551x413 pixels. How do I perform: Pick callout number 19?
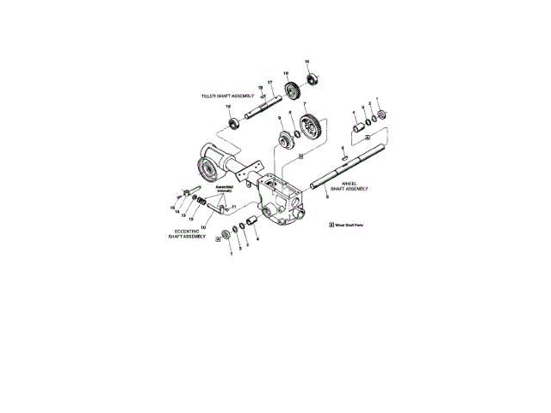286,73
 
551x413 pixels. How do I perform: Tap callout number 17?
269,82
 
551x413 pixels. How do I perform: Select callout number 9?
279,116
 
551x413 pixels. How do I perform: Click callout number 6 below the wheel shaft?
327,197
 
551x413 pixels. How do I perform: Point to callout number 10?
203,227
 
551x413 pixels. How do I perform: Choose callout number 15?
172,207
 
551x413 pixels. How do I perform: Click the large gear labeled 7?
309,129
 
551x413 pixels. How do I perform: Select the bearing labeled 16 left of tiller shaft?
231,123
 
